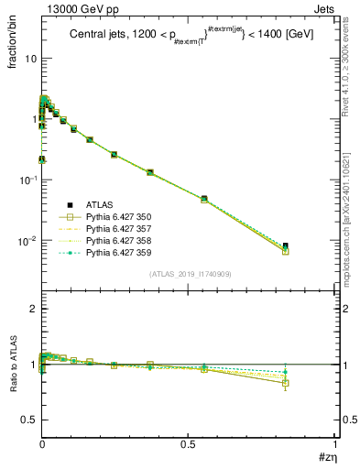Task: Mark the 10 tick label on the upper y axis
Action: pyautogui.click(x=29, y=58)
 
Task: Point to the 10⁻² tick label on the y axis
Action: pyautogui.click(x=27, y=241)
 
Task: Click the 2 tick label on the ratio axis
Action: pyautogui.click(x=33, y=310)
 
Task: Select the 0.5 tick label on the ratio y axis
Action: pyautogui.click(x=29, y=420)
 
